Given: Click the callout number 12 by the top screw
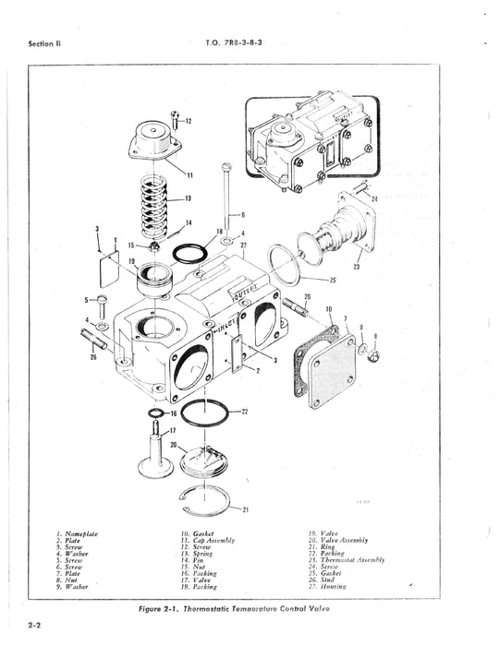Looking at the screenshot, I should (188, 121).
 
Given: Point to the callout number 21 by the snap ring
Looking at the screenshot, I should (245, 508).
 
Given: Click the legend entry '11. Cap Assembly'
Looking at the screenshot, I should (213, 541).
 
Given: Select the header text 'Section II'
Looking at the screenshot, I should (43, 42).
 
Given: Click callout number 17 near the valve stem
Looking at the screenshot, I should (172, 431).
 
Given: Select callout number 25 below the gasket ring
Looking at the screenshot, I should (332, 280).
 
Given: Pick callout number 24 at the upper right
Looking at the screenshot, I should (374, 198).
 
